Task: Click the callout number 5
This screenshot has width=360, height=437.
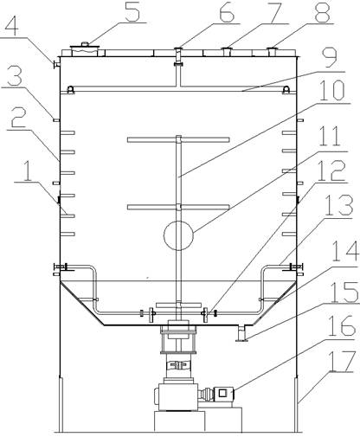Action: click(x=132, y=11)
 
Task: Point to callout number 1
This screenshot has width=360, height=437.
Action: click(x=28, y=172)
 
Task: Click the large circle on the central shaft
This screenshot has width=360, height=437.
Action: click(x=178, y=235)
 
